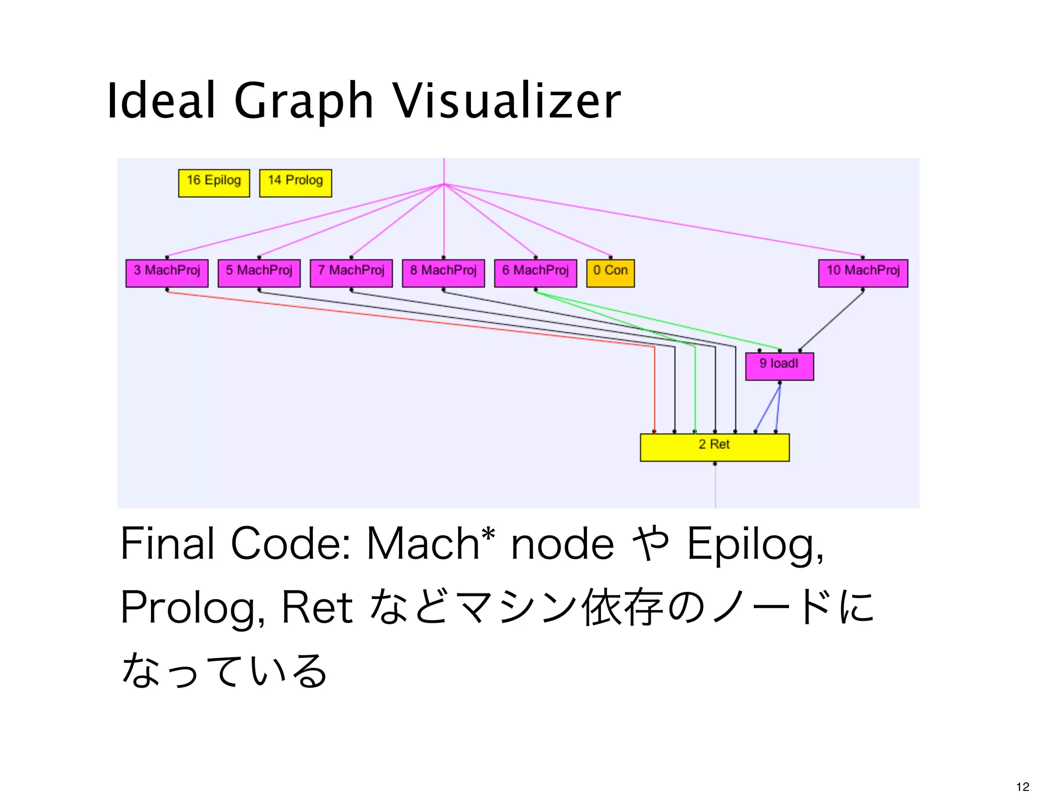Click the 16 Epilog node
[x=214, y=183]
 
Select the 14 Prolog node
[x=295, y=183]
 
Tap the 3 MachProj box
[x=167, y=273]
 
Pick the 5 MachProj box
[x=259, y=273]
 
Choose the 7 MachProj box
[x=351, y=273]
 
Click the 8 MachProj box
[x=443, y=273]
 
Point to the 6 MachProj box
[x=535, y=273]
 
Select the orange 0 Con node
[x=610, y=273]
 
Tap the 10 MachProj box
[x=863, y=273]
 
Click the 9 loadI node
[x=779, y=366]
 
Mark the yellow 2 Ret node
[x=714, y=447]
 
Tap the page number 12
[x=1022, y=786]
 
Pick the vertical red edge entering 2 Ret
[x=654, y=390]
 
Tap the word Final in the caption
[x=167, y=543]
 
